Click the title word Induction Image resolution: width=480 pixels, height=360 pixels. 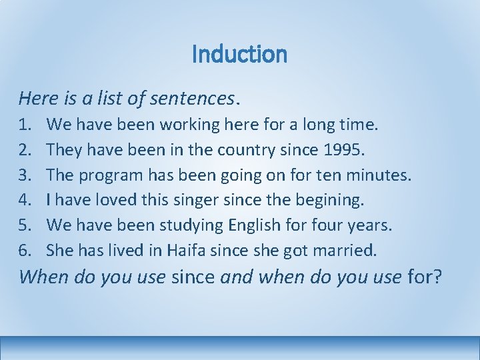(x=239, y=54)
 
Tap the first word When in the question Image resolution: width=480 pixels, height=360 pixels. (x=41, y=276)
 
